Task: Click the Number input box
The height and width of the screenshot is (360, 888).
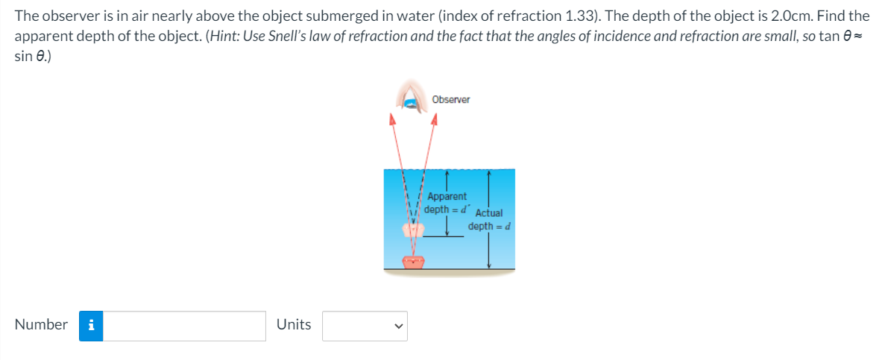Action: (184, 326)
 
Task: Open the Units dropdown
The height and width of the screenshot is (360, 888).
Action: (365, 326)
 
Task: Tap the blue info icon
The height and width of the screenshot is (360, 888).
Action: (91, 326)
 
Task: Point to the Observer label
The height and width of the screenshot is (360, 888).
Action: (451, 99)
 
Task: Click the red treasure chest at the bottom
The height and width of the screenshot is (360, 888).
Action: (413, 262)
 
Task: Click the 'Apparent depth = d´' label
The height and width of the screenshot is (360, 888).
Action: (446, 203)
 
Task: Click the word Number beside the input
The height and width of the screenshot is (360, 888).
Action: (41, 325)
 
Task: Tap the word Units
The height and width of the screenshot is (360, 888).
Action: (294, 325)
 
